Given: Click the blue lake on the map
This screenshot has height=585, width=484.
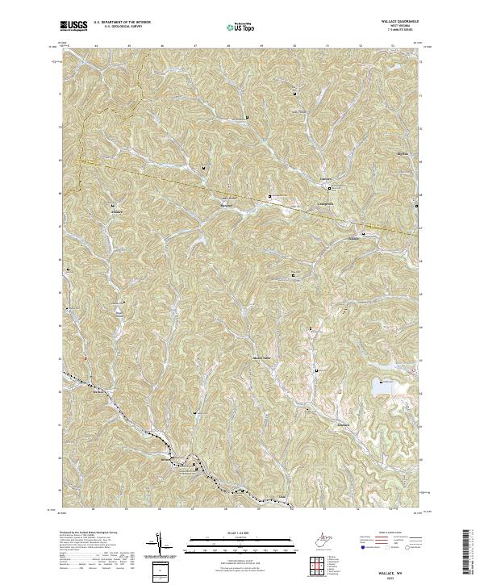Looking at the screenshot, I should [x=382, y=389].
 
